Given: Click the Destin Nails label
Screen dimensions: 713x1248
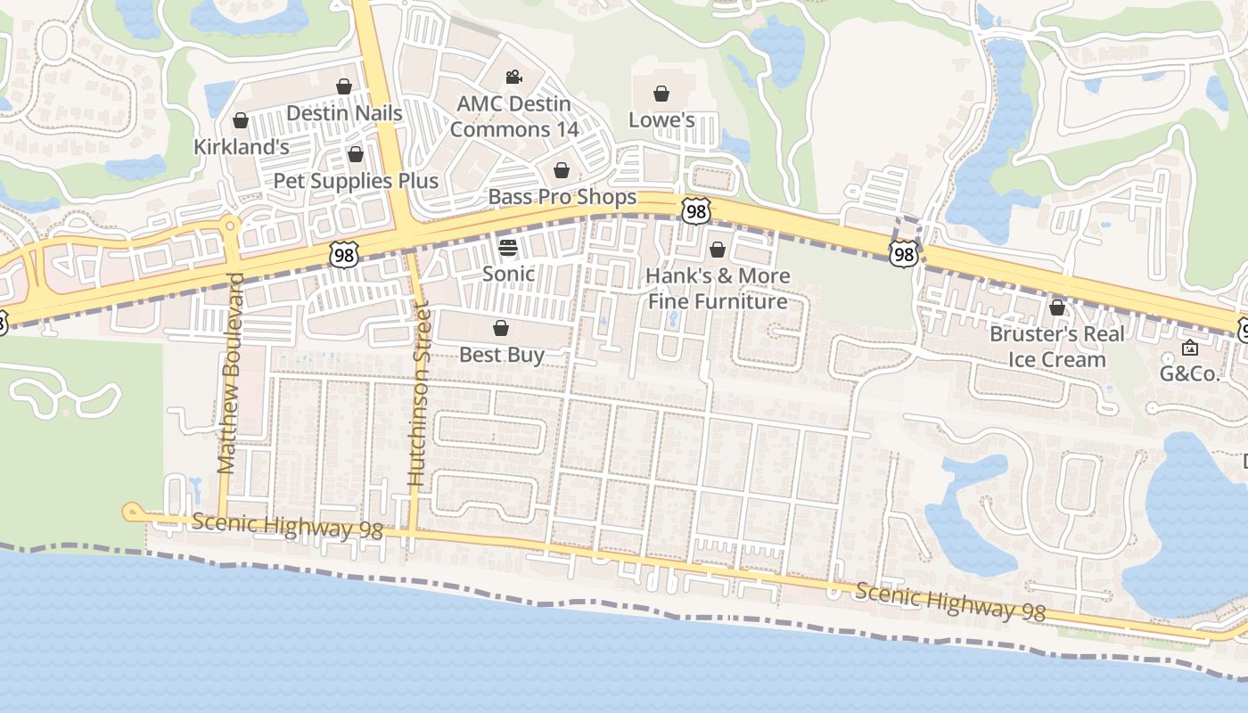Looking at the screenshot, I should coord(344,113).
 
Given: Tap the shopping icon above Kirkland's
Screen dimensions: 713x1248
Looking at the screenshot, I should coord(241,120).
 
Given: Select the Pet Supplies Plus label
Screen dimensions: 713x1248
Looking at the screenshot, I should coord(356,181).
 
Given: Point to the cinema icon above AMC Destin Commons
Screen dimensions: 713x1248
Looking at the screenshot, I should coord(513,78).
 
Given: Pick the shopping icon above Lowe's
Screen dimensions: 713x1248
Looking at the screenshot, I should coord(661,94).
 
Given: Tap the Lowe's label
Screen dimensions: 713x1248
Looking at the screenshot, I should coord(661,119).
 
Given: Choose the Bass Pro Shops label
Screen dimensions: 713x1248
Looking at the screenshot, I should coord(562,197).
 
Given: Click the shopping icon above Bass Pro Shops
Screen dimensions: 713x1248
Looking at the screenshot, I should coord(562,170).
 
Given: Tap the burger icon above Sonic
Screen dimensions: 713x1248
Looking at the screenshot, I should coord(508,247).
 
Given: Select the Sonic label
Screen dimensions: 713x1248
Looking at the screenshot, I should coord(508,274).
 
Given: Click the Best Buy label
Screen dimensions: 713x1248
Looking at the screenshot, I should coord(501,355).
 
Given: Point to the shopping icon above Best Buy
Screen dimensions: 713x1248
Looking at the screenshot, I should coord(501,328).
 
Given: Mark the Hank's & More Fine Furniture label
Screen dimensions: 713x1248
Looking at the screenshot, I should coord(718,289).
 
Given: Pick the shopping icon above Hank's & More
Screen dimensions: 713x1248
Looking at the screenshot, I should coord(718,250).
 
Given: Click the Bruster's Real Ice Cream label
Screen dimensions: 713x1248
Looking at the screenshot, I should coord(1057,347).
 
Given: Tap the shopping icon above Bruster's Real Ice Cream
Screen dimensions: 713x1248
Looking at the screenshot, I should coord(1057,307).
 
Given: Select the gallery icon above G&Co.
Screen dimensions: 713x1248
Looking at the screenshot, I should coord(1189,348).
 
